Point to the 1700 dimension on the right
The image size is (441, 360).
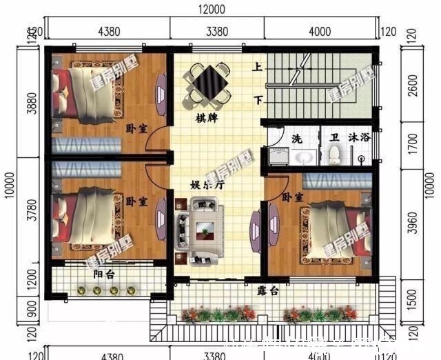(x=412, y=142)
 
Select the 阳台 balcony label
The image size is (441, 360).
(x=105, y=274)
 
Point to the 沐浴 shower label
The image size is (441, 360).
(x=360, y=137)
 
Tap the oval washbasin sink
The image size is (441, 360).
(x=303, y=157)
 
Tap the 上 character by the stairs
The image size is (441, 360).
(x=257, y=68)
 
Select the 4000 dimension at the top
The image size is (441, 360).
(x=320, y=31)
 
